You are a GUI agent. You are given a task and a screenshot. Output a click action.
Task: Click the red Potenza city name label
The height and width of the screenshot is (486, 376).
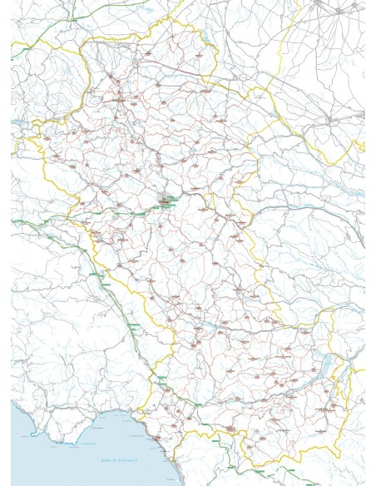170,203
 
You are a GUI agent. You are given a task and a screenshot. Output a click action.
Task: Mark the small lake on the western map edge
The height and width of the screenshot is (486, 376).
15,125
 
